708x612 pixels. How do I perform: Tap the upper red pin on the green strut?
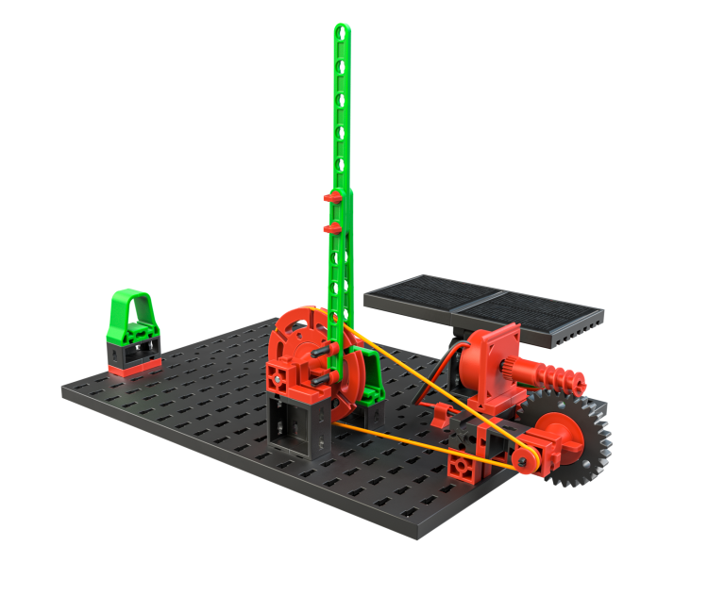(x=331, y=197)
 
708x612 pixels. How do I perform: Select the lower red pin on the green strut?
(x=331, y=227)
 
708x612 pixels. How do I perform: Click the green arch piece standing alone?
(x=131, y=315)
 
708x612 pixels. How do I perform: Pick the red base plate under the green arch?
(x=133, y=369)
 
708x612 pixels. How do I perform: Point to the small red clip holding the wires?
(x=440, y=412)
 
